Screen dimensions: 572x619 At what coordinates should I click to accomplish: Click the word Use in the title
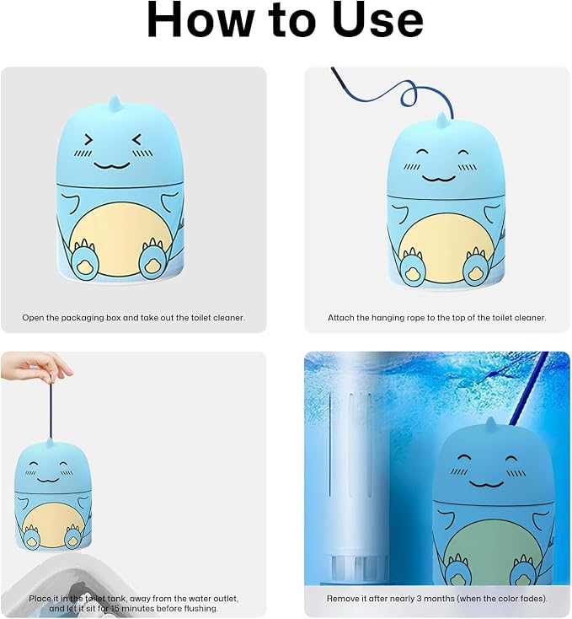click(377, 19)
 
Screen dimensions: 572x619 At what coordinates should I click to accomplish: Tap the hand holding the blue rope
click(36, 368)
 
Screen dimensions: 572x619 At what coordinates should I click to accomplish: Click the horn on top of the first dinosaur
click(115, 105)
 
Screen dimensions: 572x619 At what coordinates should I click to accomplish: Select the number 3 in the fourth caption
click(419, 599)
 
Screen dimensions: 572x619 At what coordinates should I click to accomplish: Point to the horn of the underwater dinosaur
click(490, 427)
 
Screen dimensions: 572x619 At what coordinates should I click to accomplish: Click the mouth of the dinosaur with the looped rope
click(439, 179)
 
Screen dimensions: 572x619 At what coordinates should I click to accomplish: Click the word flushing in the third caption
click(200, 608)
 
